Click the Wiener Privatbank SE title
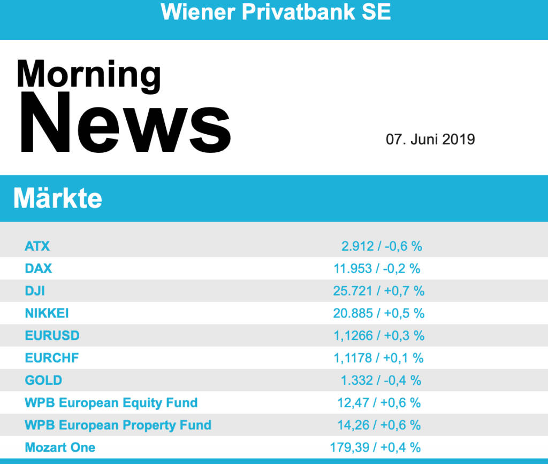276,12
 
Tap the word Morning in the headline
88,74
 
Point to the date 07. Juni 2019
430,140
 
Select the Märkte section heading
58,198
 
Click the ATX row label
37,246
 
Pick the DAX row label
39,268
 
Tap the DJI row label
35,291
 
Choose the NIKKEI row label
47,313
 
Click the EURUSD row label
52,336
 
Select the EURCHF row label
52,358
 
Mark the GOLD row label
43,381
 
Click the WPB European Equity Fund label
111,403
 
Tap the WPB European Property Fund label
118,426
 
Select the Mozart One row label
60,447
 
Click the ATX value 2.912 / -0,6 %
382,246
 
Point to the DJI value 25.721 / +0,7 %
378,291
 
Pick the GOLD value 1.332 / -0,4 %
381,381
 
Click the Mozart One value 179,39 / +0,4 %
375,447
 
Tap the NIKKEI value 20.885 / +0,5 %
378,313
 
